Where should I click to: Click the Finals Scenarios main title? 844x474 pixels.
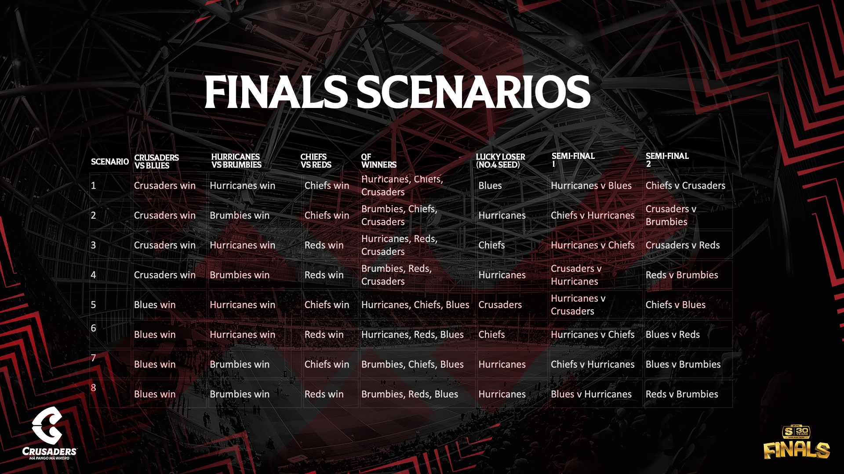click(397, 92)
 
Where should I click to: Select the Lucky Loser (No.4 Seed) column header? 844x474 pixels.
click(500, 161)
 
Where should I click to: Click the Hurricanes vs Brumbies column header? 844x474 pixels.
click(236, 161)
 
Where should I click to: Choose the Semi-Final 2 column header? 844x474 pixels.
click(667, 160)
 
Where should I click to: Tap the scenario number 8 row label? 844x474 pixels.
click(93, 388)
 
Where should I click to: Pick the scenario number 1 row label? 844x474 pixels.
click(93, 186)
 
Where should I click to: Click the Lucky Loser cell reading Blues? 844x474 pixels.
click(490, 186)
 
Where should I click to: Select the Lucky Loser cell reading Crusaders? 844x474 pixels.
click(500, 305)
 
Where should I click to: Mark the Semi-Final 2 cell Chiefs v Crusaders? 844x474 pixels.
click(685, 186)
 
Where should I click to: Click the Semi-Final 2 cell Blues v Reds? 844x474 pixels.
click(673, 335)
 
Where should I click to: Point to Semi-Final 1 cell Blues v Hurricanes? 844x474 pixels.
click(591, 395)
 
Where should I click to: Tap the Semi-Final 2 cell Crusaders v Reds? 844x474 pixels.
click(682, 245)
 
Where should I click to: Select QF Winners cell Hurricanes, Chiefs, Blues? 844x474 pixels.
click(415, 305)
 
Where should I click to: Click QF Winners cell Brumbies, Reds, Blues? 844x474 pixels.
click(409, 395)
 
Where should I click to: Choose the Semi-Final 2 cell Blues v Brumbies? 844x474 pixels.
click(683, 365)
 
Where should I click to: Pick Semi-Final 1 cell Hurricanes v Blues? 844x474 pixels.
click(591, 186)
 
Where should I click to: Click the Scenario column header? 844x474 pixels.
click(109, 162)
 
